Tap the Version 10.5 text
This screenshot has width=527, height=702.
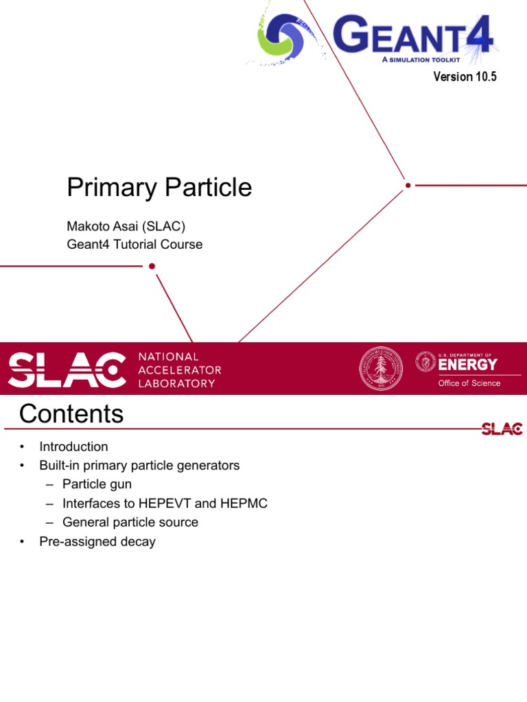[x=465, y=77]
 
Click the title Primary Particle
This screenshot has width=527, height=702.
[x=159, y=187]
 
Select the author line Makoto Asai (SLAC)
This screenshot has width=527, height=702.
[x=126, y=226]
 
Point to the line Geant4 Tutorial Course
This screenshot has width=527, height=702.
[x=134, y=244]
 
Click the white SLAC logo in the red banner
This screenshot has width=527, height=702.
[x=67, y=370]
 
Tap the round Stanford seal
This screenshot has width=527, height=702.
[x=382, y=369]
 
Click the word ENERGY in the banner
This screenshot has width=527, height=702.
[x=468, y=364]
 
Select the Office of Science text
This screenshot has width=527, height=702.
[x=469, y=383]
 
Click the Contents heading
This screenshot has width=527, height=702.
[x=71, y=414]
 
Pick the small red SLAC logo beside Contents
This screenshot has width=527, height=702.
[x=502, y=429]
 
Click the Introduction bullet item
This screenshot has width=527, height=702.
[x=73, y=447]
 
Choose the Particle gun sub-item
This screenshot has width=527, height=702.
[x=97, y=485]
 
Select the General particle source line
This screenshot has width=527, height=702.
[x=130, y=522]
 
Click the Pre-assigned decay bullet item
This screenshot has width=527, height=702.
[x=97, y=542]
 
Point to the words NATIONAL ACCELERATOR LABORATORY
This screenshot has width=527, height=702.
[x=180, y=370]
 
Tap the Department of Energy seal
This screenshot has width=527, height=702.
[x=425, y=361]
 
